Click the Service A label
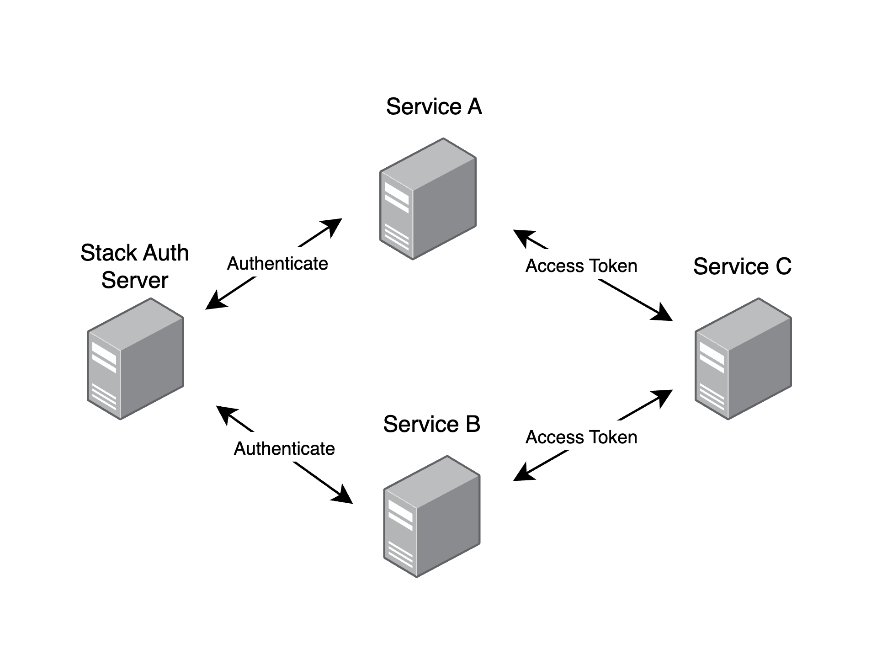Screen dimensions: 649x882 pyautogui.click(x=434, y=107)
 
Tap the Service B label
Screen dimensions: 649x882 pyautogui.click(x=431, y=424)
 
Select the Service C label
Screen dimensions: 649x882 pyautogui.click(x=742, y=266)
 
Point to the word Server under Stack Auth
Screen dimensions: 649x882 pyautogui.click(x=134, y=280)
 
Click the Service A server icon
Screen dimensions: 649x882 pyautogui.click(x=428, y=199)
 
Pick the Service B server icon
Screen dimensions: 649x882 pyautogui.click(x=431, y=516)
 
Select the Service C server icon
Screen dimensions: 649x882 pyautogui.click(x=743, y=359)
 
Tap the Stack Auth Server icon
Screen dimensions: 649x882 pyautogui.click(x=135, y=359)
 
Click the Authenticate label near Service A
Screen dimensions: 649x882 pyautogui.click(x=277, y=264)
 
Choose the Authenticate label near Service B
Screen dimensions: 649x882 pyautogui.click(x=284, y=449)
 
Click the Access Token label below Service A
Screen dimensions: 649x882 pyautogui.click(x=581, y=266)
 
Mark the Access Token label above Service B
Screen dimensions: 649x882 pyautogui.click(x=581, y=437)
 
